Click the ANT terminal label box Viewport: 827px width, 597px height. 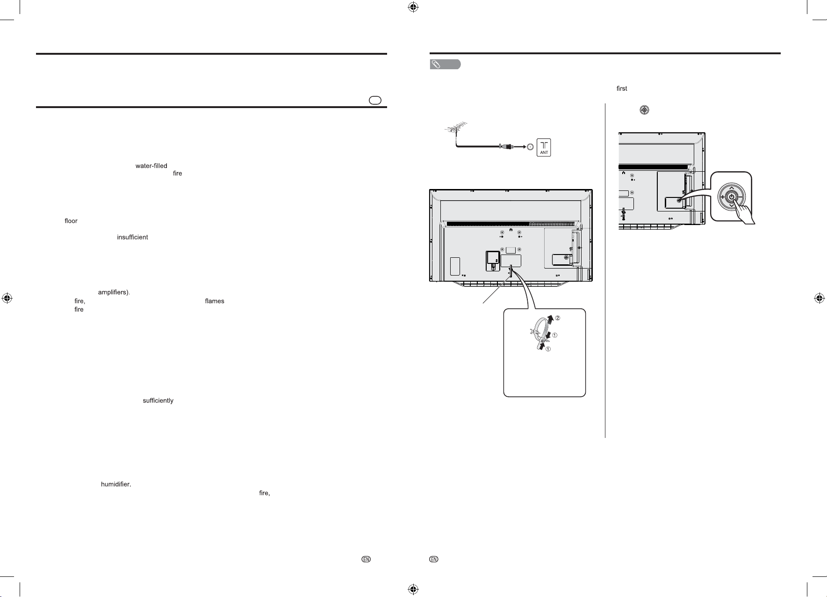[544, 147]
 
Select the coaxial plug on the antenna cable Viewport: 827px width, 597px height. [506, 146]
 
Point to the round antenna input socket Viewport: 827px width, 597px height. [529, 147]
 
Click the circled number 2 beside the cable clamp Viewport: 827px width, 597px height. [557, 318]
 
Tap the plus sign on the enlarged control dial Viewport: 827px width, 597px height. [723, 197]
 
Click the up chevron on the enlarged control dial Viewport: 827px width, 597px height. [732, 188]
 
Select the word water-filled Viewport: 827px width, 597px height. [151, 166]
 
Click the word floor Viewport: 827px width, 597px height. [71, 221]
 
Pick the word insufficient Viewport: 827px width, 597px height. [132, 237]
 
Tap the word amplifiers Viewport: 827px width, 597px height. [113, 292]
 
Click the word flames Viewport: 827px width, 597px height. [215, 301]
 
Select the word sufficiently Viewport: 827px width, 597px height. [158, 400]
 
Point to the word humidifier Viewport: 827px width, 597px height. [115, 484]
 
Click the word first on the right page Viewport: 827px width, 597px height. [622, 88]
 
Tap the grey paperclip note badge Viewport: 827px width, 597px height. [445, 65]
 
